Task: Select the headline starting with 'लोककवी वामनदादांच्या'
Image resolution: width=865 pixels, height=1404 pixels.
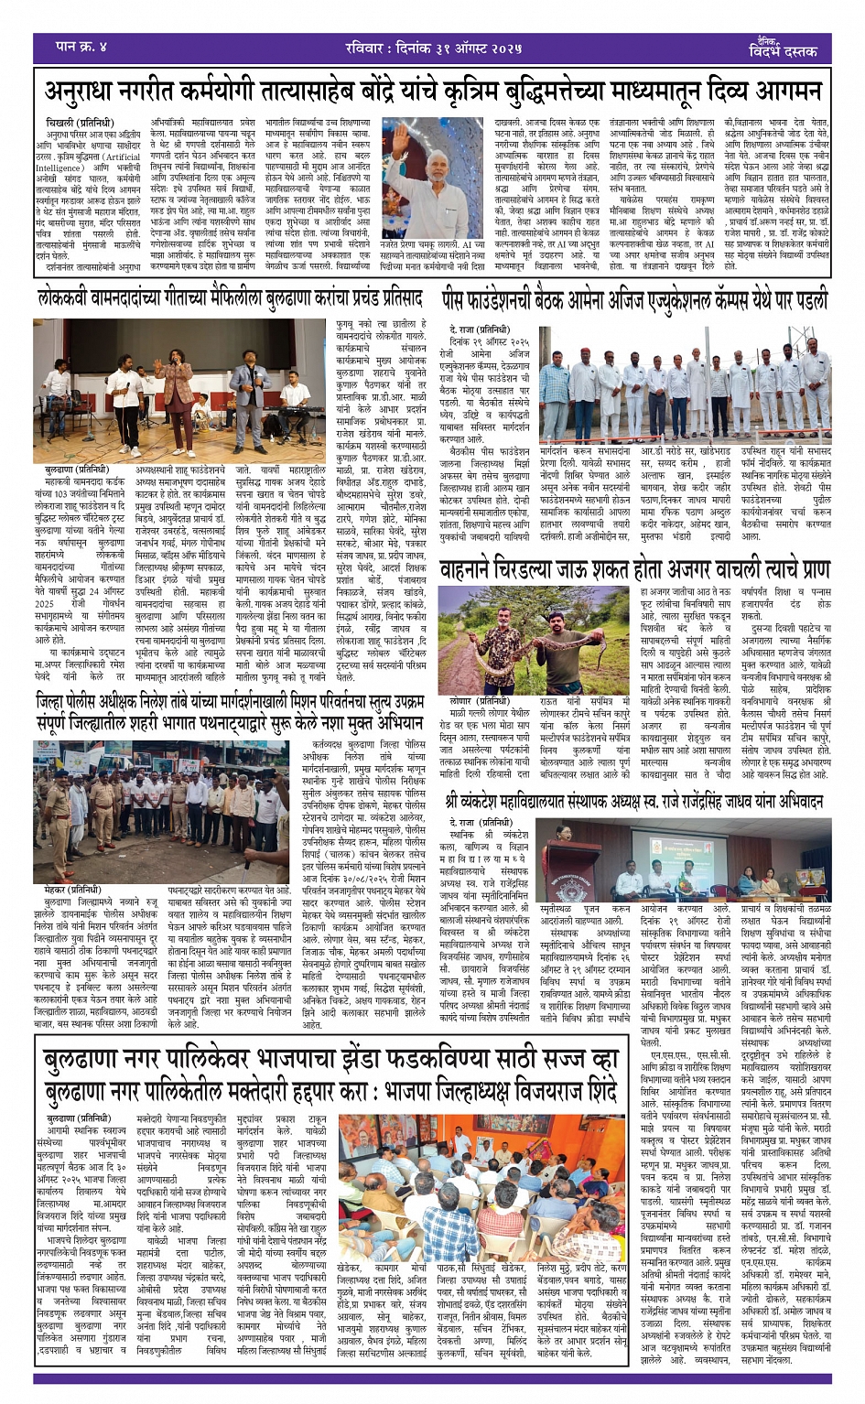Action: [x=230, y=298]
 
